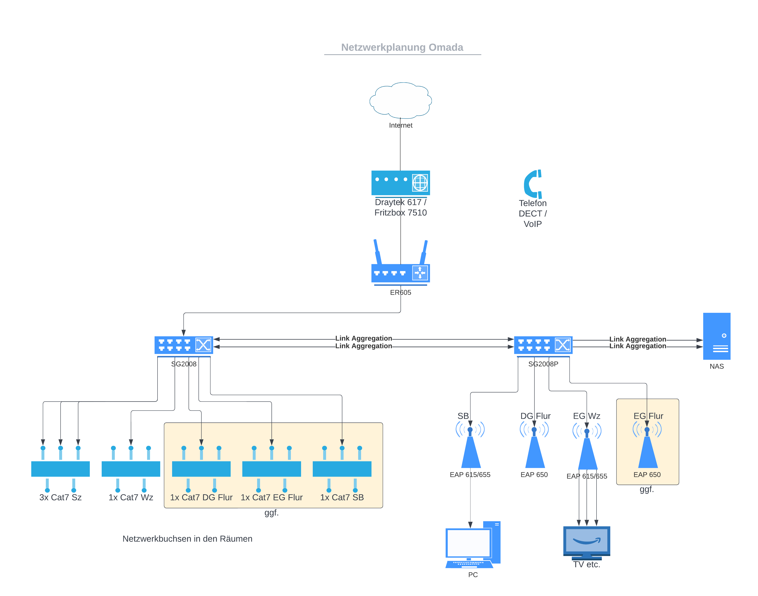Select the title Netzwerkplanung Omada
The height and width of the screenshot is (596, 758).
[x=402, y=48]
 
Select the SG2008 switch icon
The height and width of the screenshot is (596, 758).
[x=184, y=345]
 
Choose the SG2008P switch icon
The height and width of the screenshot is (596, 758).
[x=543, y=345]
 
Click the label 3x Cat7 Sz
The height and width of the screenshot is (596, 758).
[x=60, y=497]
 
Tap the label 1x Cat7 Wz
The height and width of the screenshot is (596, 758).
[x=131, y=497]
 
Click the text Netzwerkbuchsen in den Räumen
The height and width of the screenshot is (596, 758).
[x=187, y=539]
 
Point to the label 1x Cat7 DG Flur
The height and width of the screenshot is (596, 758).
[x=201, y=497]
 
